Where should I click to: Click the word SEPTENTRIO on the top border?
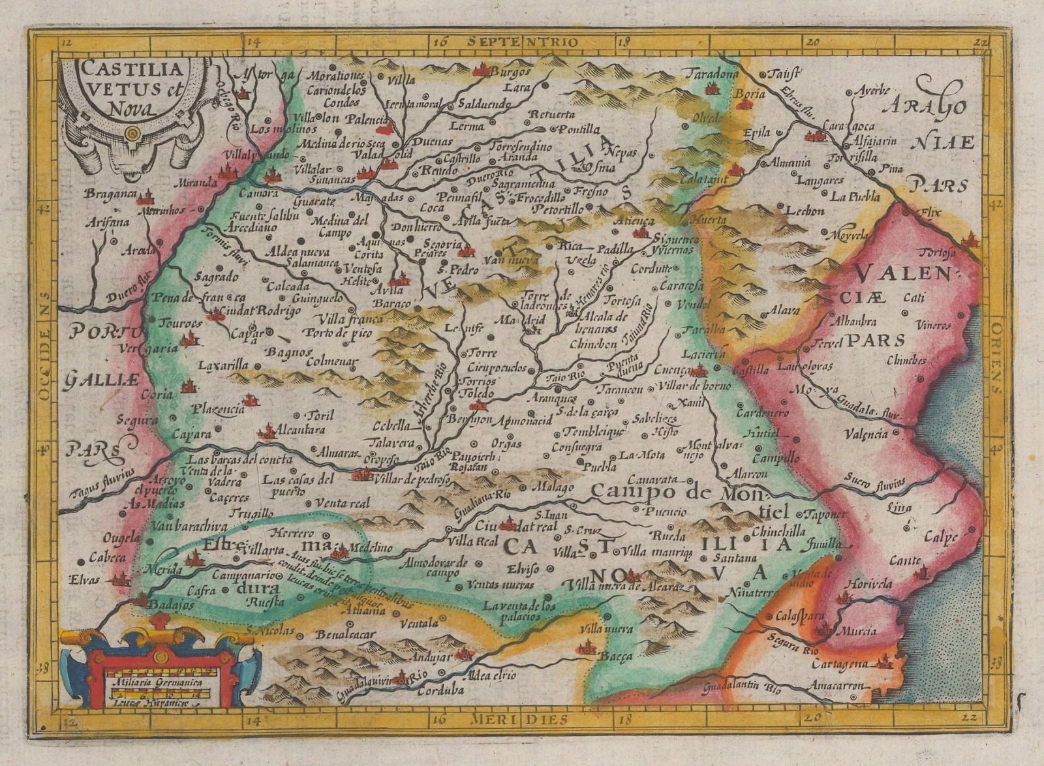pyautogui.click(x=522, y=41)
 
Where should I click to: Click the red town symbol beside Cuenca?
pyautogui.click(x=699, y=371)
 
